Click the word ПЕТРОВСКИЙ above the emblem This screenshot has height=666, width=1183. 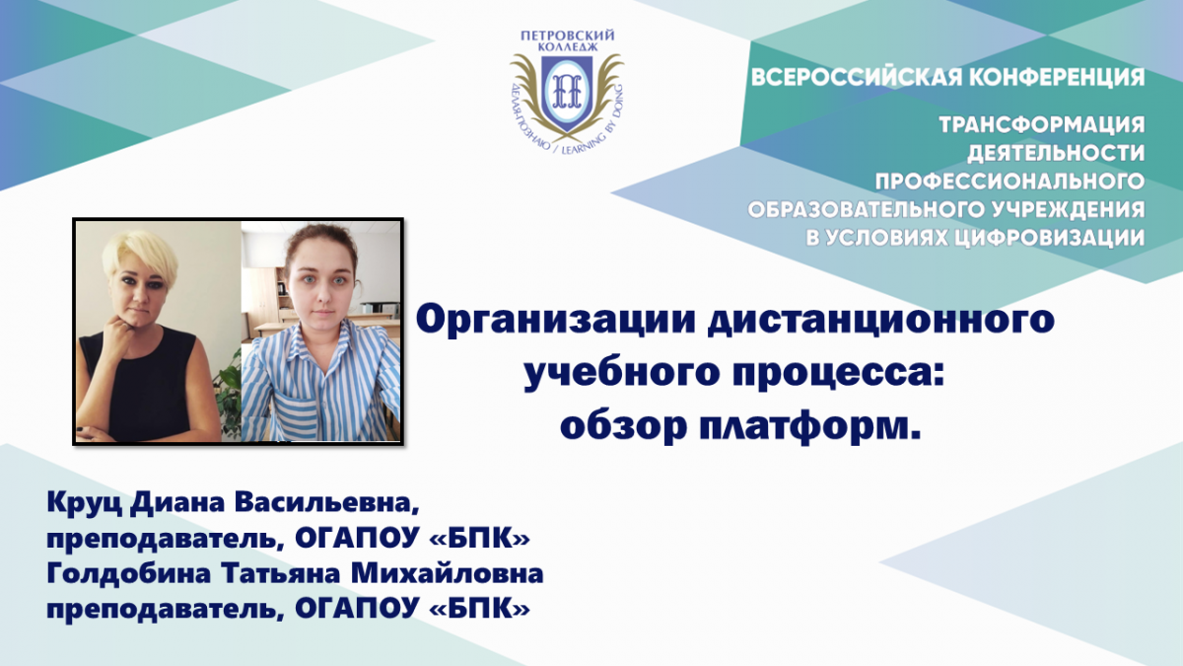tap(568, 36)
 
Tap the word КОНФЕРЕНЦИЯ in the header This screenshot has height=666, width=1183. tap(1057, 78)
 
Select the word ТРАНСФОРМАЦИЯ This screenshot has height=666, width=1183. tap(1041, 124)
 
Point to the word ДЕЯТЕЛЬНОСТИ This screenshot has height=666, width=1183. tap(1056, 153)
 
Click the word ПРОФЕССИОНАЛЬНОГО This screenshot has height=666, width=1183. tap(1009, 182)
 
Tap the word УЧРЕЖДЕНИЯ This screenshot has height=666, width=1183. tap(1062, 209)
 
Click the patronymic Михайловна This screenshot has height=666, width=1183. tap(448, 574)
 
